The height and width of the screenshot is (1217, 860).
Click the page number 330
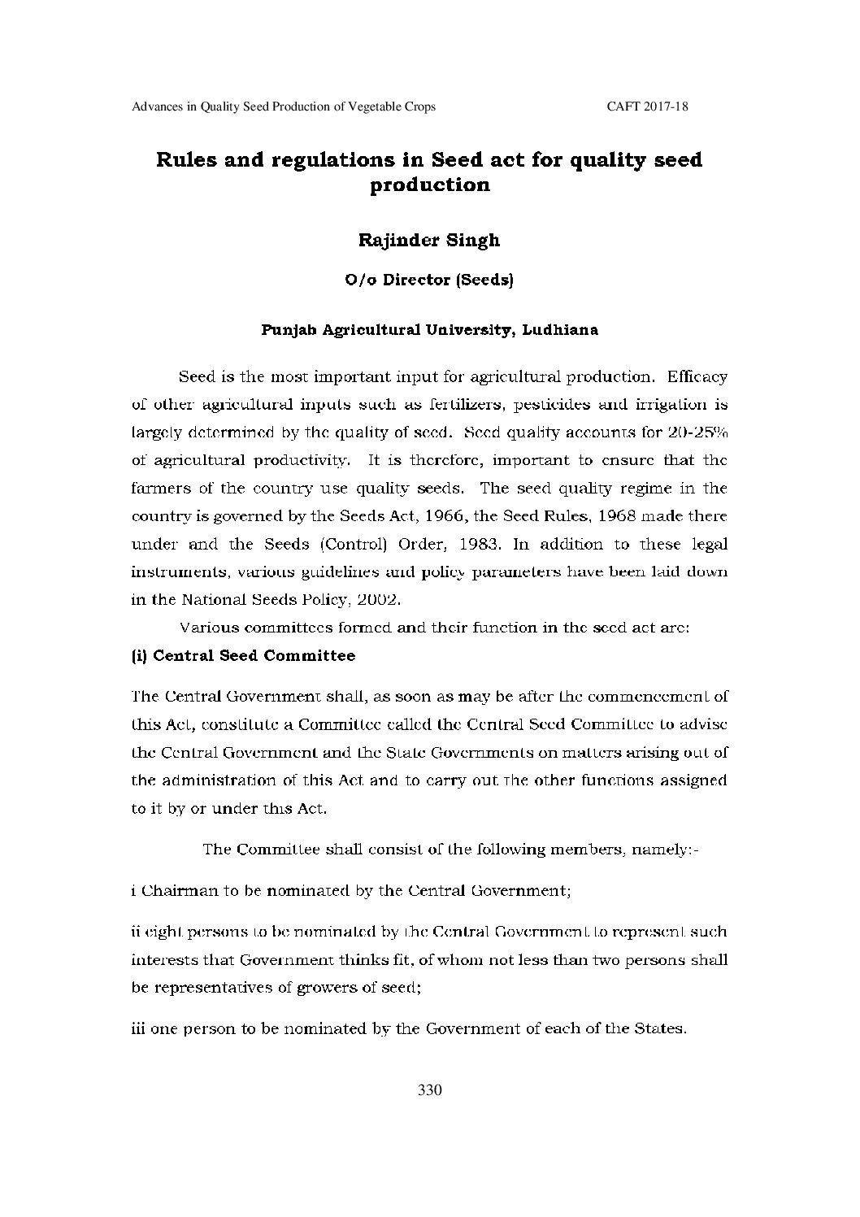click(429, 1090)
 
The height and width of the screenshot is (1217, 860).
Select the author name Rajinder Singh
click(429, 240)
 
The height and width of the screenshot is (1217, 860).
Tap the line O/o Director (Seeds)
click(429, 280)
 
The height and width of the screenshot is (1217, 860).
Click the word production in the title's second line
click(429, 185)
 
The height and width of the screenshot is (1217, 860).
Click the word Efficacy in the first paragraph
click(697, 377)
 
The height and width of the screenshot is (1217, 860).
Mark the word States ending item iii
click(661, 1028)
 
